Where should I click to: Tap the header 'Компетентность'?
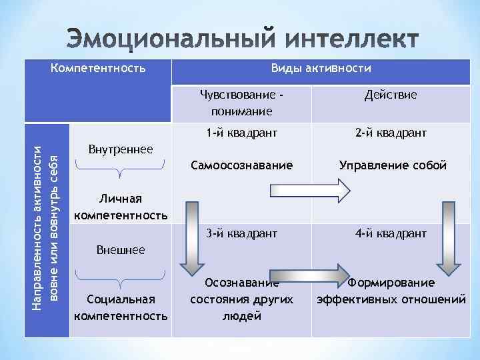[x=98, y=68]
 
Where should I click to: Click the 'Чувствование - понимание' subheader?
[x=241, y=103]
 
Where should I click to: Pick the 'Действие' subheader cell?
[x=391, y=95]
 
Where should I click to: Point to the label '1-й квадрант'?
[x=241, y=133]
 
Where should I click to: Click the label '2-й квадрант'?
[x=391, y=133]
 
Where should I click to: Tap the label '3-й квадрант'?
[x=241, y=233]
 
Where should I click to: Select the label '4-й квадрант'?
[x=391, y=233]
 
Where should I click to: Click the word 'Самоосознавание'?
[x=241, y=165]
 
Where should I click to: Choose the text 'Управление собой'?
[x=392, y=165]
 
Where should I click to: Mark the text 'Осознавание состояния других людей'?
[x=241, y=299]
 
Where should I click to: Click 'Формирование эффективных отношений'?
[x=391, y=291]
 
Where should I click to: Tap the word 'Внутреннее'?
[x=121, y=148]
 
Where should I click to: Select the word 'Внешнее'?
[x=121, y=251]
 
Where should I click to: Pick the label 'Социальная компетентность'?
[x=121, y=307]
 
